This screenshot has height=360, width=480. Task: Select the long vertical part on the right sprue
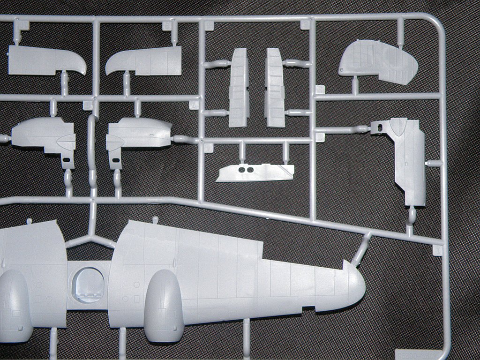click(407, 159)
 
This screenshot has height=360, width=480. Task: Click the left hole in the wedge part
click(241, 169)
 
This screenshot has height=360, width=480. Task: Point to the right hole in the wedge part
click(250, 169)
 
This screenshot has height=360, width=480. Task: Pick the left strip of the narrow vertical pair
click(239, 88)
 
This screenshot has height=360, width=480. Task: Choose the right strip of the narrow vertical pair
click(275, 88)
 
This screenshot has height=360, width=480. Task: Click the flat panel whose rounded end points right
click(47, 61)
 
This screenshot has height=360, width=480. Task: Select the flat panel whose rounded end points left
click(143, 61)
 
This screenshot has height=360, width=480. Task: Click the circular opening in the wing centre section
click(88, 284)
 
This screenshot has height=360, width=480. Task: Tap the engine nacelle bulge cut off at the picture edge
click(14, 305)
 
